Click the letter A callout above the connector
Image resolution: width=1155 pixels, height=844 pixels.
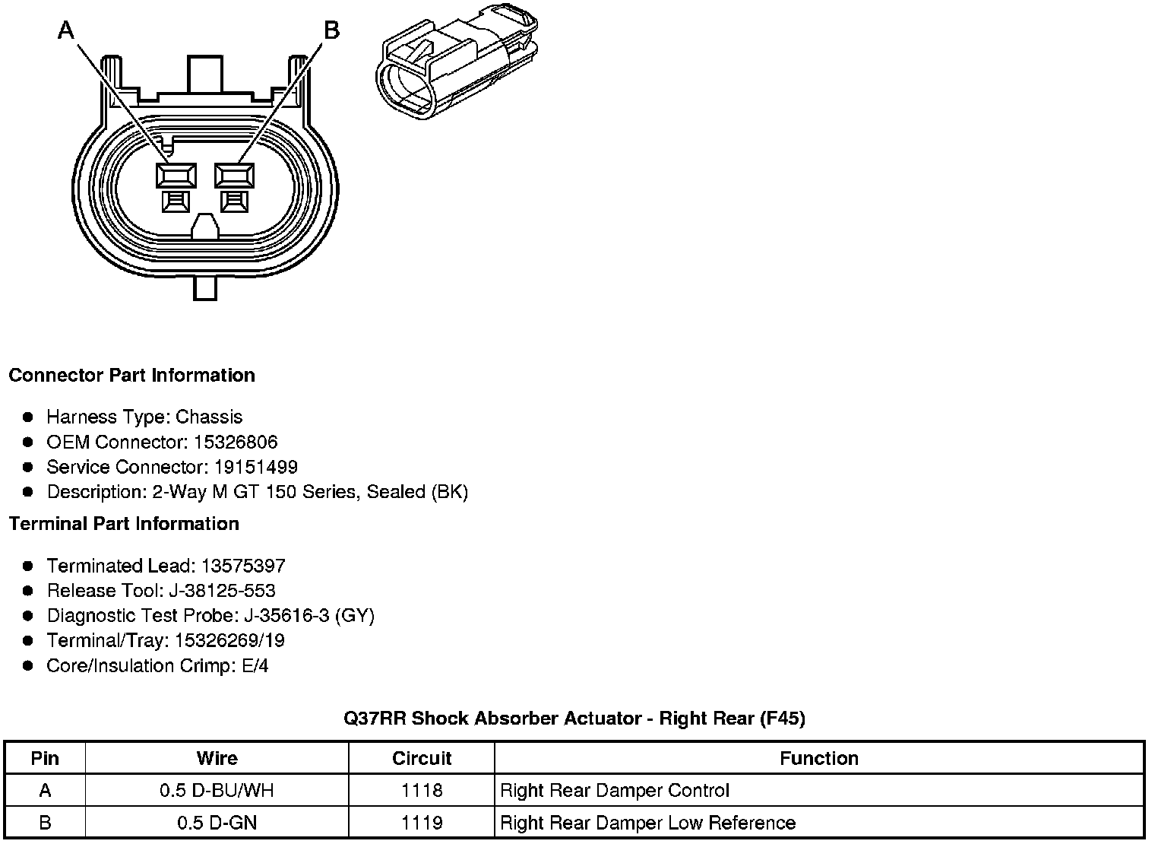(x=67, y=30)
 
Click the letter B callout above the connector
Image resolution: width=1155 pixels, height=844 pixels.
(x=331, y=30)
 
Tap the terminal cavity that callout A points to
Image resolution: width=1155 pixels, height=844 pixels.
(x=176, y=176)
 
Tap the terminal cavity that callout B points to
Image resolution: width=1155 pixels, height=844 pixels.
(x=235, y=176)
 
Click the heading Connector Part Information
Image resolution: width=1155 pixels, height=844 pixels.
(x=131, y=376)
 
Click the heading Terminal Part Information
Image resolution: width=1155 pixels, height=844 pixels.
(x=124, y=524)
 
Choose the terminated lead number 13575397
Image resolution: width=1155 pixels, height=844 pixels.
(x=243, y=566)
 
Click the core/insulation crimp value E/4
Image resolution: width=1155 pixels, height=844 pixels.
(x=253, y=666)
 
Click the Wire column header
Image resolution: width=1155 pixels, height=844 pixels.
(x=217, y=758)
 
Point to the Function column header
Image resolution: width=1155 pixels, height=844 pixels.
(x=818, y=758)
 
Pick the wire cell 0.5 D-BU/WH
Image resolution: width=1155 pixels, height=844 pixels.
(x=217, y=791)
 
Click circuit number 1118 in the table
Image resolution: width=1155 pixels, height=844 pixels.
(x=422, y=791)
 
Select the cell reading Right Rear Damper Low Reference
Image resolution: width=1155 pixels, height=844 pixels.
(x=647, y=823)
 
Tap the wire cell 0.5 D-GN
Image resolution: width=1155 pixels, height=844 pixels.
(x=217, y=823)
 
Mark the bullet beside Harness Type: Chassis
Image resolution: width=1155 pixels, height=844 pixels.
(x=28, y=417)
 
